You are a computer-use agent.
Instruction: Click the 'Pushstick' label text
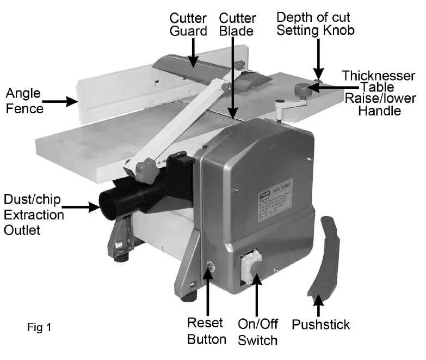tap(320, 325)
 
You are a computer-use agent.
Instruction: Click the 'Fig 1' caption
tap(39, 328)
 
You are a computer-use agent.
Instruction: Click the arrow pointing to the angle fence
tap(60, 101)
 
